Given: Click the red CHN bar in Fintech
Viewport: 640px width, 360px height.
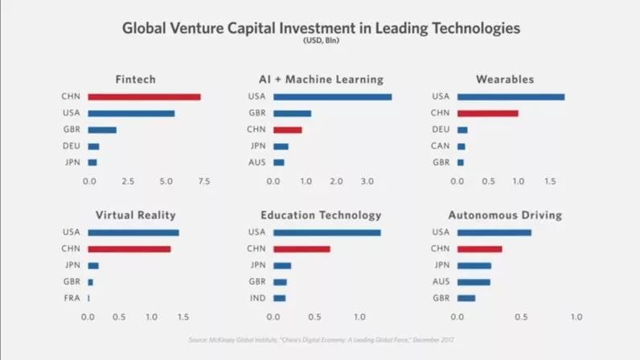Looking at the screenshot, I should pos(144,96).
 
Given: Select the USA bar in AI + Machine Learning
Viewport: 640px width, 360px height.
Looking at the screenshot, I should pos(332,96).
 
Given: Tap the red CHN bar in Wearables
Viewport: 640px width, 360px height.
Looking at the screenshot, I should pos(487,113).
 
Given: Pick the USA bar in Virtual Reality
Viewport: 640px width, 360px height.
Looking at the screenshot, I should pos(133,232).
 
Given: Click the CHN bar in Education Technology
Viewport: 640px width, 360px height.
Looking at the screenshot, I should pos(302,248).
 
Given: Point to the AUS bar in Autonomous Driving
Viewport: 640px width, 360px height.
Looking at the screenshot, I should pos(474,281).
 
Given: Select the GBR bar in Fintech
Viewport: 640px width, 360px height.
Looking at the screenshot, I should pos(102,129).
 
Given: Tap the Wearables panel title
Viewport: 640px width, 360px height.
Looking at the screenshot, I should pos(505,80).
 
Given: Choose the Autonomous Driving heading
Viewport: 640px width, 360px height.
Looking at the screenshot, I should pos(505,215).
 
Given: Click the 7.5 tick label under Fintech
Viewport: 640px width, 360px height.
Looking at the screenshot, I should pos(203,182).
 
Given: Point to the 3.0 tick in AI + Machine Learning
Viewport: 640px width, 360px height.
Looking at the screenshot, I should pos(367,182).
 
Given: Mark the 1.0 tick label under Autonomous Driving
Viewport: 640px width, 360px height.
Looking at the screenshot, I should pos(576,317).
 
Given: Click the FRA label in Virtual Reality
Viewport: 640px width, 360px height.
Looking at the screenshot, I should pos(72,297).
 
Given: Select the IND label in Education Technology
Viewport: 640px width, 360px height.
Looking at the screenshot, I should pos(257,297).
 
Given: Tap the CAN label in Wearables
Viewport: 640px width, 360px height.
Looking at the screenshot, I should pos(441,145).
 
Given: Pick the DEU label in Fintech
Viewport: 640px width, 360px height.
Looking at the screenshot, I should pos(71,145).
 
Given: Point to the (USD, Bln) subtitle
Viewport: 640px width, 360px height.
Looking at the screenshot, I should pos(321,39).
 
